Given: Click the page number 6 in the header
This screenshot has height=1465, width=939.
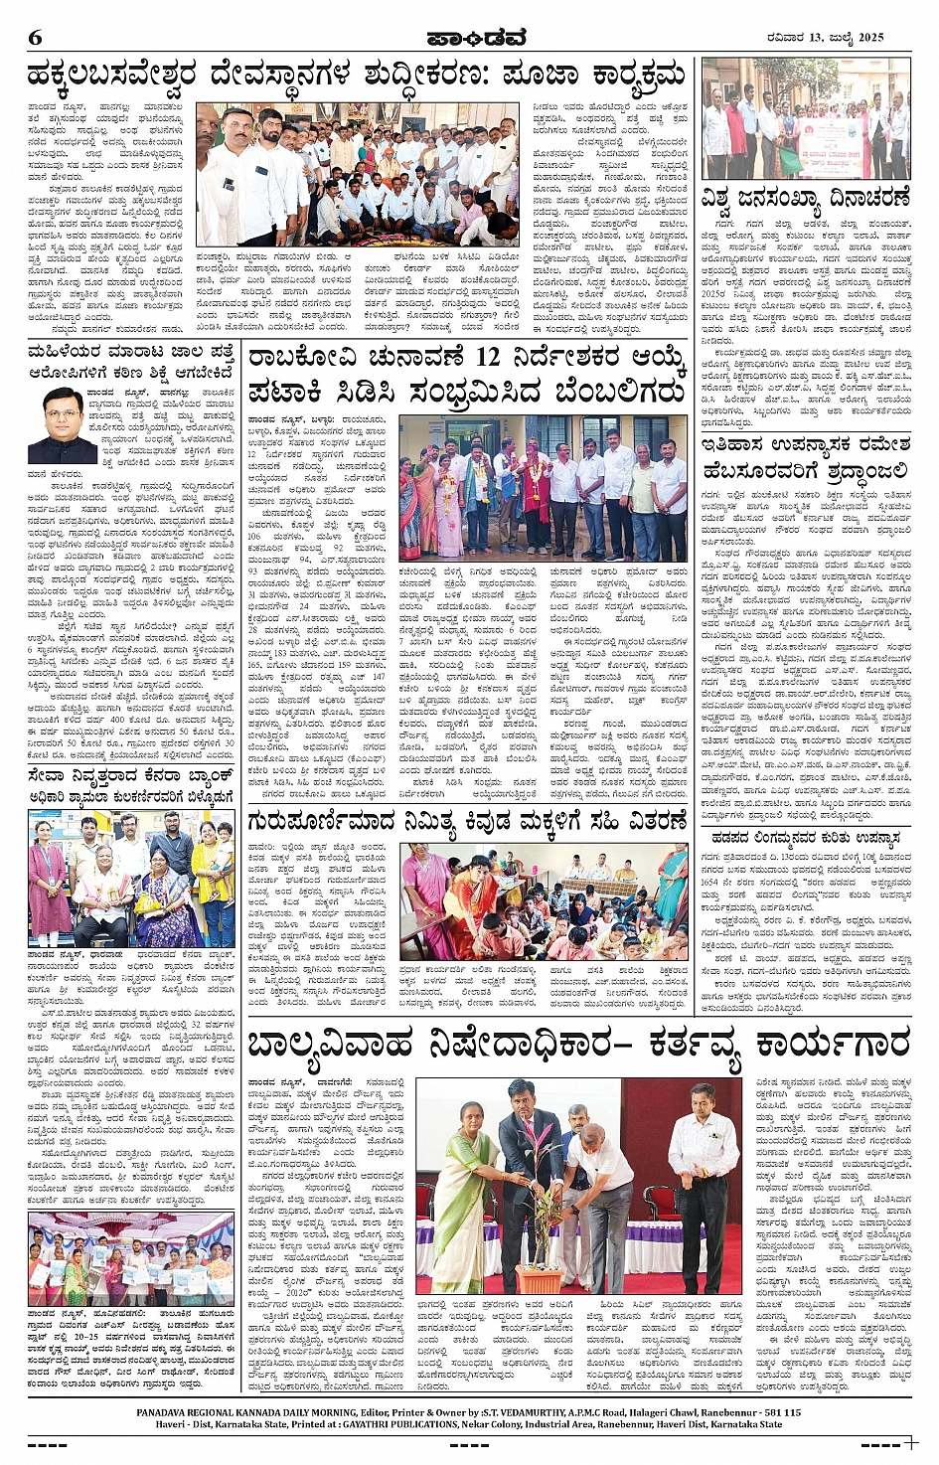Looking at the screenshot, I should click(36, 38).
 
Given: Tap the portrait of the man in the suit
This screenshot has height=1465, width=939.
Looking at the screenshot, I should click(62, 424).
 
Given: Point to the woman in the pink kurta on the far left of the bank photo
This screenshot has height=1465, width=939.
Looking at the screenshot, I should click(44, 875).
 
